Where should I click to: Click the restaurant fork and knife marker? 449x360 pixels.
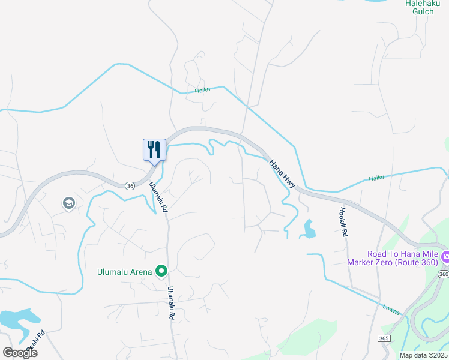(154, 149)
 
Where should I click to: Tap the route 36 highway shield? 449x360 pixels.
(130, 186)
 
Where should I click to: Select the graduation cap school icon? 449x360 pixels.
(68, 204)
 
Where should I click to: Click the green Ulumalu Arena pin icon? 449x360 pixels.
(161, 272)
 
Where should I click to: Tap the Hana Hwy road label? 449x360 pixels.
(282, 174)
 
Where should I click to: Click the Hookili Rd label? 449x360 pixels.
(343, 222)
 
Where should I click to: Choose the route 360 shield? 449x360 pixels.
(442, 274)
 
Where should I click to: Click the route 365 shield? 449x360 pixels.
(384, 339)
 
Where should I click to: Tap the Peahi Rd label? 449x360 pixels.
(41, 342)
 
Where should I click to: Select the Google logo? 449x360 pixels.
(20, 353)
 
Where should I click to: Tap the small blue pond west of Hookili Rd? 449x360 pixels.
(309, 229)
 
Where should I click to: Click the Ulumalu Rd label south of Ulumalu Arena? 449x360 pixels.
(172, 302)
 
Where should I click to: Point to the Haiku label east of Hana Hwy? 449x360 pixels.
(376, 178)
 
